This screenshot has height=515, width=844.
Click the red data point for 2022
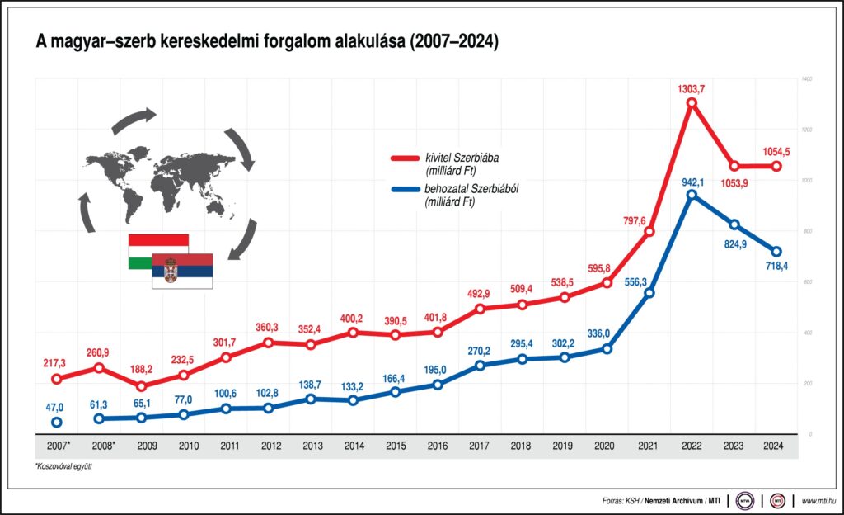pos(692,103)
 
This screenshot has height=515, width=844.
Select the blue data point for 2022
pos(692,195)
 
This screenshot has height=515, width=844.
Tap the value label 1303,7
pos(692,88)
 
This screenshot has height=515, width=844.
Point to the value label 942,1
pos(692,180)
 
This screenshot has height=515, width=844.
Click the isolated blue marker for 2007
pos(56,423)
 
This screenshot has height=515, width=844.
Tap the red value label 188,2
pos(141,370)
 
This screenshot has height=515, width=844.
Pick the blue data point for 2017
pos(480,365)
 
